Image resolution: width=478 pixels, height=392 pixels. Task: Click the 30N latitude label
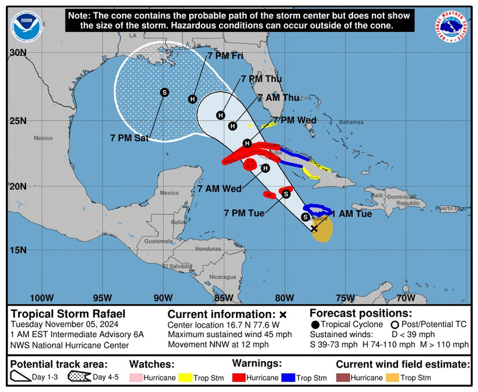click(19, 53)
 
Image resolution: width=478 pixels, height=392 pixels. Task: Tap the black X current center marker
click(314, 229)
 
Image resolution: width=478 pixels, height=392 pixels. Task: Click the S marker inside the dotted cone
click(164, 92)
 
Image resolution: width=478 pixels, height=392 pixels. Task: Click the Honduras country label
click(208, 248)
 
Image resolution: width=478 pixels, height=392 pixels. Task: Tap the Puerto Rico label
click(453, 208)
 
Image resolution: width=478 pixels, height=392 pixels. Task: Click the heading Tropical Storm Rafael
click(67, 314)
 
